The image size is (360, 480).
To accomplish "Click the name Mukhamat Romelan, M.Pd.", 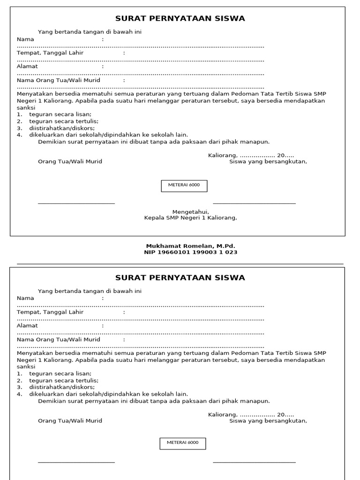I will point(190,246).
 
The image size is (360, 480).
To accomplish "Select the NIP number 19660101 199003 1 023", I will point(190,252).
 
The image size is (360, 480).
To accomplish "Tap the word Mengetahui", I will point(190,212).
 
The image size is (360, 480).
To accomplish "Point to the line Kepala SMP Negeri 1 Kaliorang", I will point(190,218).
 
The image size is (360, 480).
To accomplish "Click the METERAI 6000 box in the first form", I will point(184,185).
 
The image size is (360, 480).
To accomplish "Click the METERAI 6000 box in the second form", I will point(183,442).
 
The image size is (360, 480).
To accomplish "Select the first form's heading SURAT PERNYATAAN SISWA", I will point(180,19).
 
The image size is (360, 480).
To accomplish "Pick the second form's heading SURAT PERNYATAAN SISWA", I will point(180,277).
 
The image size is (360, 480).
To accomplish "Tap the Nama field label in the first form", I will point(26,39).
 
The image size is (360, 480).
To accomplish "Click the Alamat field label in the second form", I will point(27,325).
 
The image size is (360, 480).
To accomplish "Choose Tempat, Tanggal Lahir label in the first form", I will point(50,53).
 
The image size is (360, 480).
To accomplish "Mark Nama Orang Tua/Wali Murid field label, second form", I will point(59,339).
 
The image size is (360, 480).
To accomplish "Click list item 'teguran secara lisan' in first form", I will point(60,114).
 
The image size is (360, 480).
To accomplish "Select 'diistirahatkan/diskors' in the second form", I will point(62,387).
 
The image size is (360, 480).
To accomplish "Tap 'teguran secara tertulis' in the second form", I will point(64,381).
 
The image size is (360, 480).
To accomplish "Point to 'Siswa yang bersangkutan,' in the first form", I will point(268,162).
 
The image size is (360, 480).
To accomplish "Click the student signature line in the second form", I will point(254,462).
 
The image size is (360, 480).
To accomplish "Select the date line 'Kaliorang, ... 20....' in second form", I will point(251,414).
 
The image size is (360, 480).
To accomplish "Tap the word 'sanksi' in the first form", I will point(26,108).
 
